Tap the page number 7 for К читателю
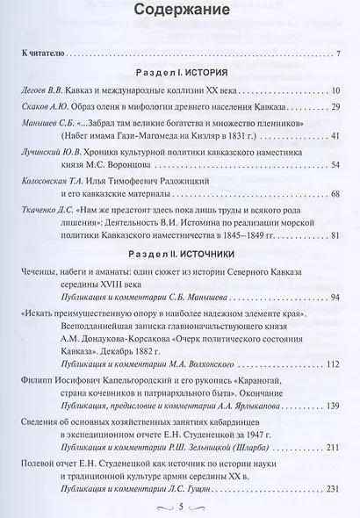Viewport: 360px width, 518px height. pos(338,55)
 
